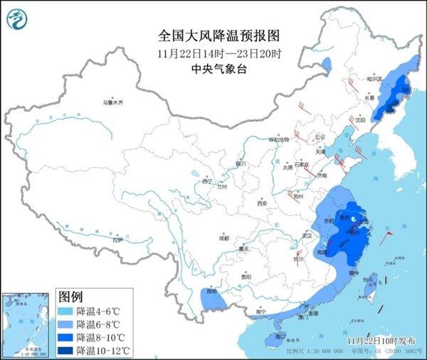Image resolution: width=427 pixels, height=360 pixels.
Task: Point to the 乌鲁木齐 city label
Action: click(112, 103)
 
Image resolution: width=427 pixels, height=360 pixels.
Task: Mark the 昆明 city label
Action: click(210, 292)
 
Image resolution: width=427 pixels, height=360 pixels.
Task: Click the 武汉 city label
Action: click(308, 234)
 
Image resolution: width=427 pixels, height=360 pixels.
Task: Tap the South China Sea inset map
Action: click(27, 322)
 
